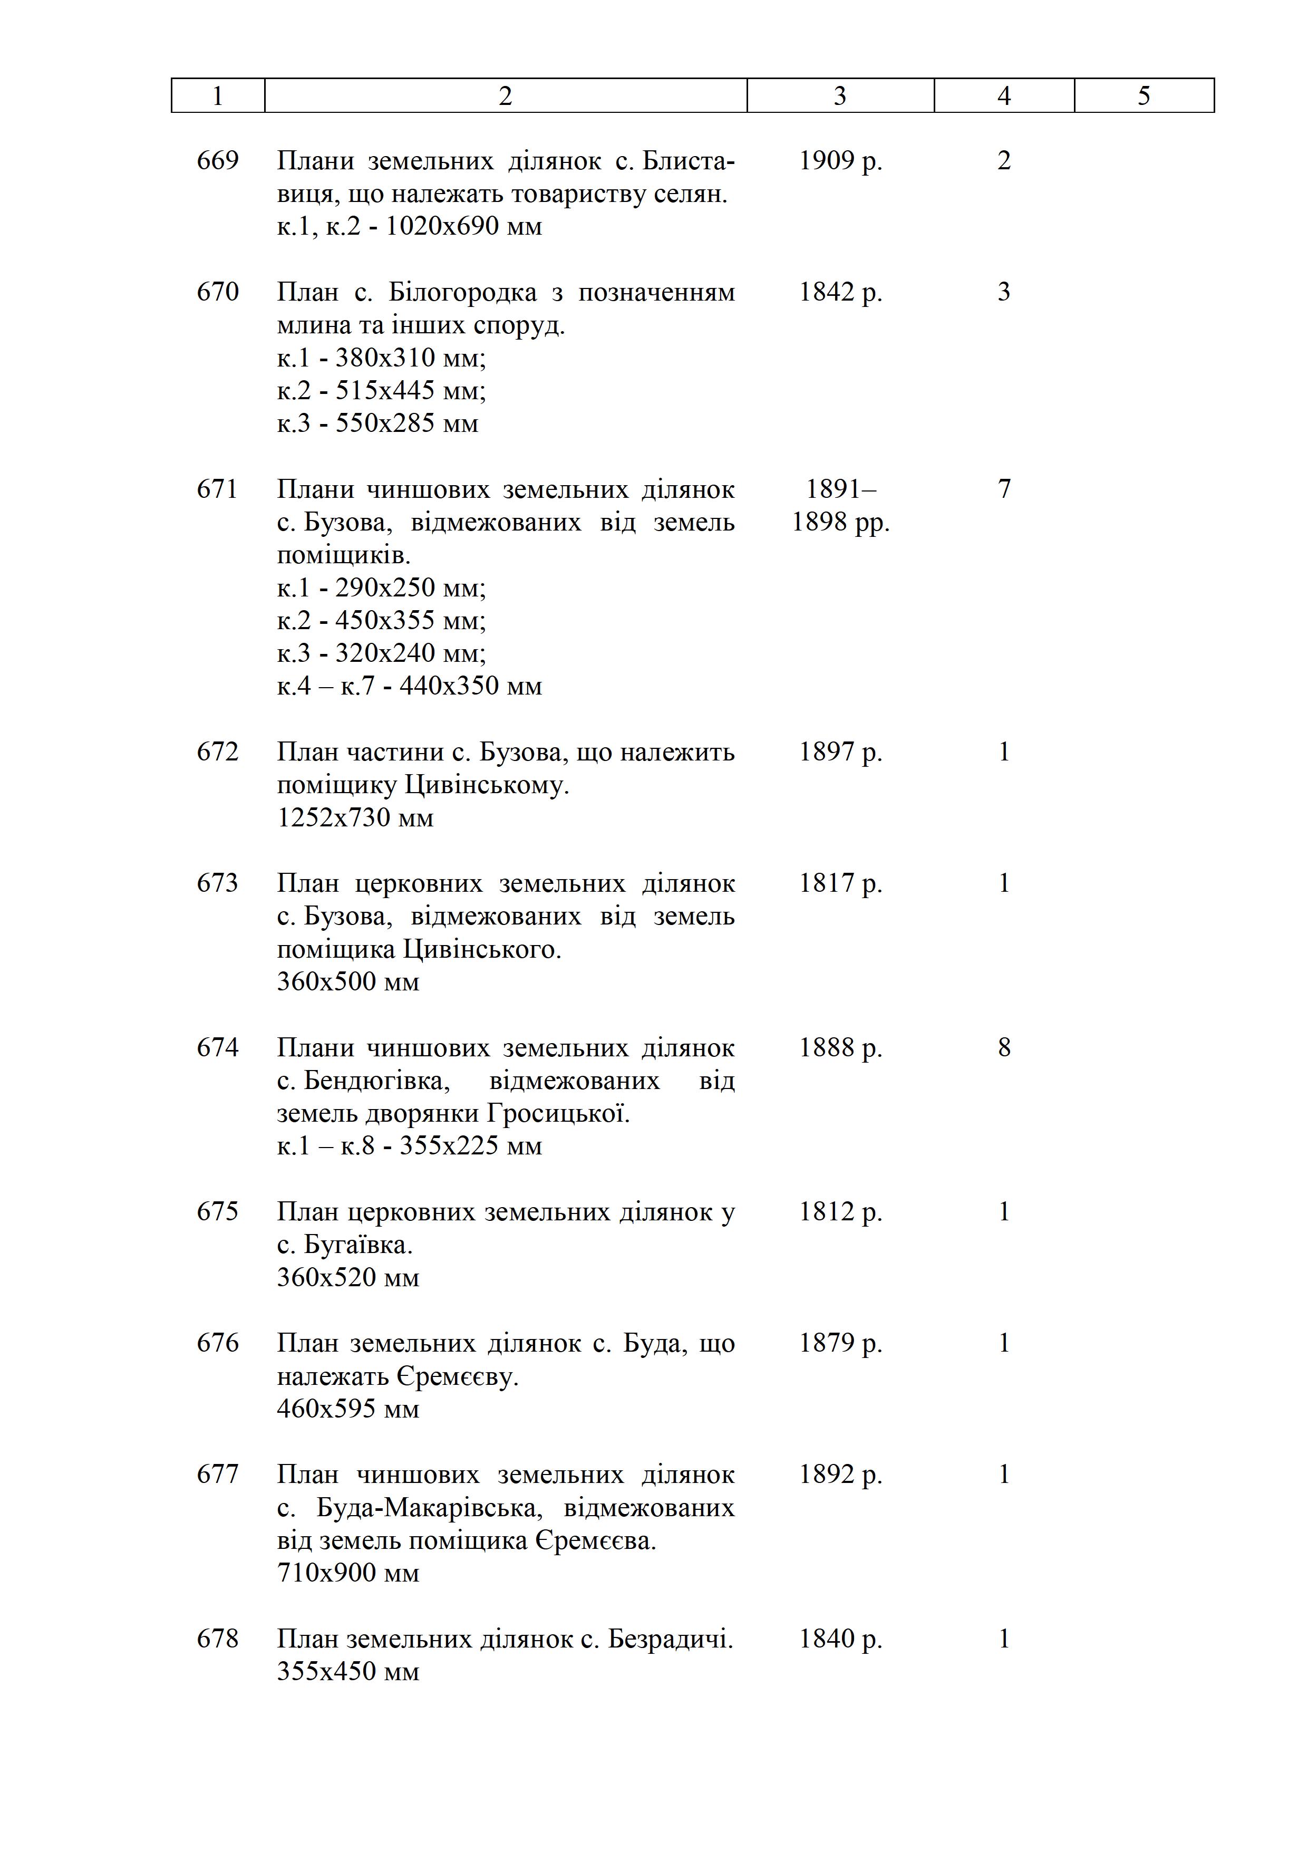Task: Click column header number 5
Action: pos(1144,96)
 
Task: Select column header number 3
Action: pos(840,96)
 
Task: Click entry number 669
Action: pos(217,160)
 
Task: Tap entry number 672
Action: pos(217,752)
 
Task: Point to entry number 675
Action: pos(217,1212)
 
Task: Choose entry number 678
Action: pos(217,1639)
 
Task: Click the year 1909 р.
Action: pos(840,160)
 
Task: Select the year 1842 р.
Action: pos(840,292)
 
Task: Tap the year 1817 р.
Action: pos(840,884)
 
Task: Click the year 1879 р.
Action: pos(840,1343)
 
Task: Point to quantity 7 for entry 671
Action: pos(1004,489)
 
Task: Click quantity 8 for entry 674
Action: pos(1004,1047)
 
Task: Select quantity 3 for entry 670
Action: pos(1004,292)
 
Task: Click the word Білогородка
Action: pos(462,292)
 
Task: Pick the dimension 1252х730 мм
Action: pos(355,818)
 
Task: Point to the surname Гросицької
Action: pos(558,1114)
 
